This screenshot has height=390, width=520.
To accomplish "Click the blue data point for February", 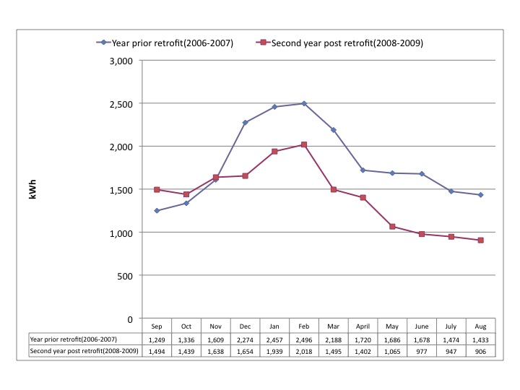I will pyautogui.click(x=304, y=103).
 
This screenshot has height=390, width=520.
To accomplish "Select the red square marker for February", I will pyautogui.click(x=304, y=144).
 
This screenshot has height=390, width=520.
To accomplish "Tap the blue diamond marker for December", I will pyautogui.click(x=245, y=123).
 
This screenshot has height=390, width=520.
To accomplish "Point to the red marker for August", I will pyautogui.click(x=480, y=240).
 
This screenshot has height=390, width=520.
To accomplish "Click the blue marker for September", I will pyautogui.click(x=157, y=211).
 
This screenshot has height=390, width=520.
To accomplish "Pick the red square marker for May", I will pyautogui.click(x=392, y=227).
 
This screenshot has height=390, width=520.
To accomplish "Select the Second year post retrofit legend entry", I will pyautogui.click(x=340, y=43).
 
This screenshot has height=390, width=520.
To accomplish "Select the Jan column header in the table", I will pyautogui.click(x=274, y=326).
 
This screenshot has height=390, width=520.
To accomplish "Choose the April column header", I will pyautogui.click(x=363, y=326).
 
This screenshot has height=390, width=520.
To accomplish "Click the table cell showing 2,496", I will pyautogui.click(x=304, y=338).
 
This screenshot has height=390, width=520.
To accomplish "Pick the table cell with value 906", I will pyautogui.click(x=480, y=350).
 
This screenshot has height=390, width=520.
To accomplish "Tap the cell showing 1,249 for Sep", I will pyautogui.click(x=157, y=338).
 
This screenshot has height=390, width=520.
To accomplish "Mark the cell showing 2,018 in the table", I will pyautogui.click(x=304, y=350).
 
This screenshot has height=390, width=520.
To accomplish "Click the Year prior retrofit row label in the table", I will pyautogui.click(x=74, y=338).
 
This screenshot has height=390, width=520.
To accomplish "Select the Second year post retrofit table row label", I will pyautogui.click(x=79, y=350).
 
